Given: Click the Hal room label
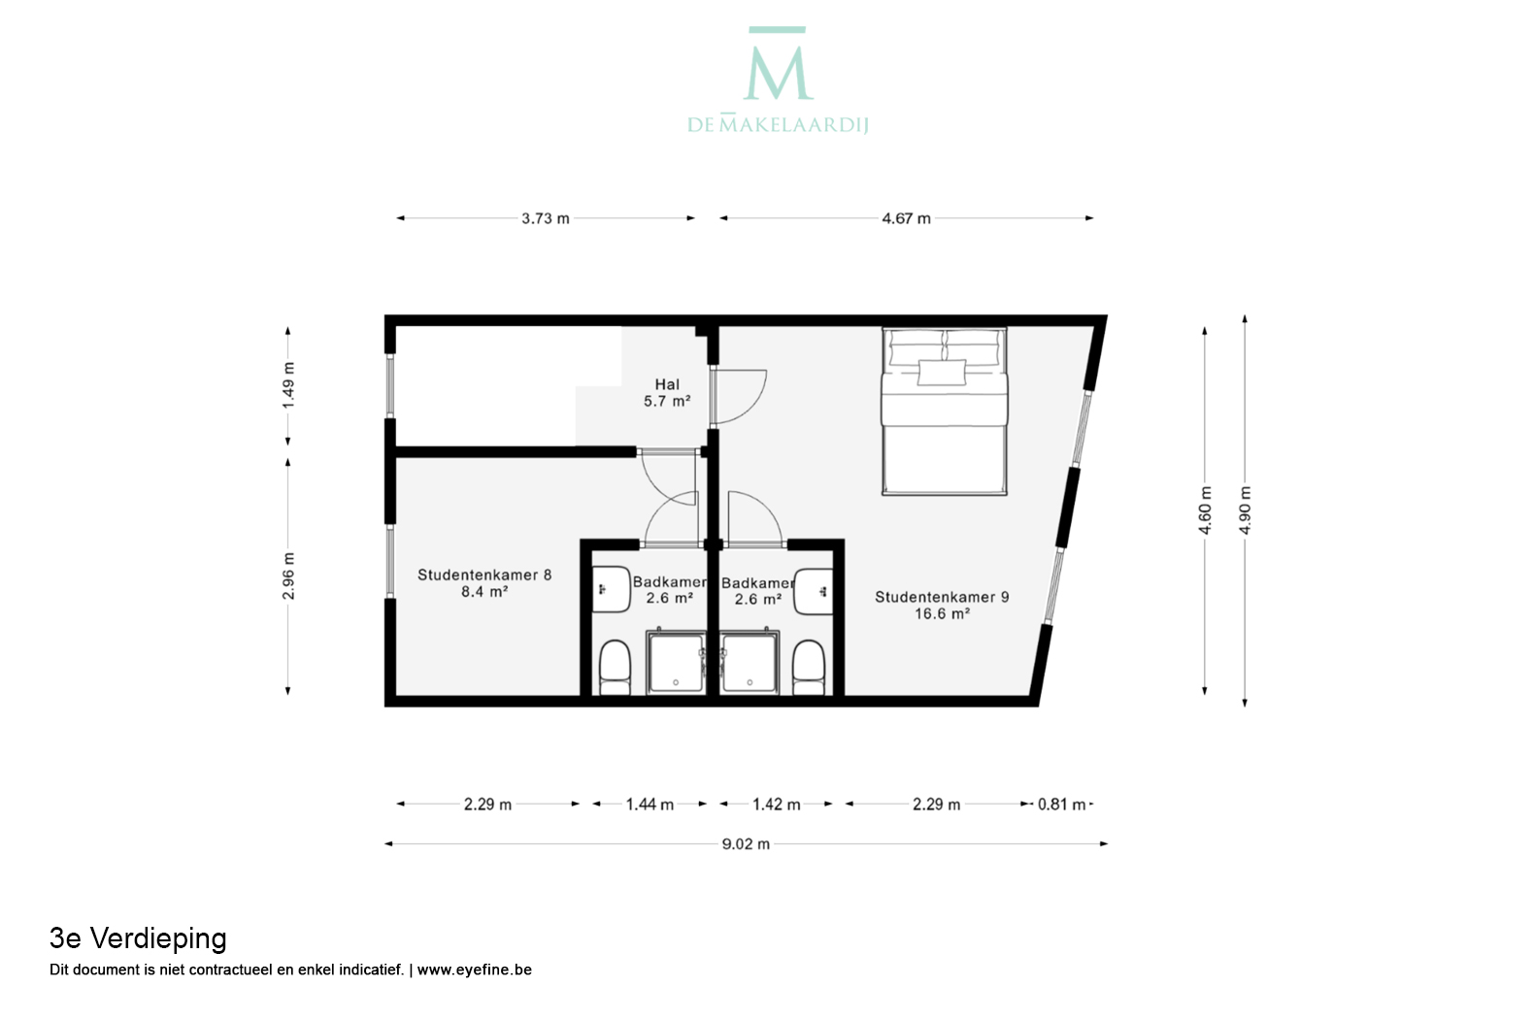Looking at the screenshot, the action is point(667,392).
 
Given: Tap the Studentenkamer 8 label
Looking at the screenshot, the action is point(484,582).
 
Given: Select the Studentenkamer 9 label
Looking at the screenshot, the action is point(942,605).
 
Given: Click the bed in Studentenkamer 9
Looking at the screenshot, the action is point(944,411).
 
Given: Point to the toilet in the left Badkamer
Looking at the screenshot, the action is point(615,667).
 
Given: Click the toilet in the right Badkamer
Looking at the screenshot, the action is point(809,667).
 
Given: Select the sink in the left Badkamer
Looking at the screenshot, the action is point(611,589).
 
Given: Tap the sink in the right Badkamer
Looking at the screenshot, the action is point(814,591).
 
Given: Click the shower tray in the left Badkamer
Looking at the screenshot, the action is point(676,662).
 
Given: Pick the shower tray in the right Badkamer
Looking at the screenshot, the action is point(749,662).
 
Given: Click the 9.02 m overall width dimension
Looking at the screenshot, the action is point(746,844).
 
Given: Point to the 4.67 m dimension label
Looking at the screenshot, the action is point(906,218).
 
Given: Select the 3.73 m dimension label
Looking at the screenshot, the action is point(545,218).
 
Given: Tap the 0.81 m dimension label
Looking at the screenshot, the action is point(1061,805).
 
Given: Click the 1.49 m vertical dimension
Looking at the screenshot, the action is point(288,385).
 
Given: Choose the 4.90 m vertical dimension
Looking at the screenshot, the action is point(1245,510).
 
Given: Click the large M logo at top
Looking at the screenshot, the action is point(778,64).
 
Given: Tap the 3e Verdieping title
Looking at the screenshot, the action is point(138,938).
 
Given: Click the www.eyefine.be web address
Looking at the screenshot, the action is point(474,970).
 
